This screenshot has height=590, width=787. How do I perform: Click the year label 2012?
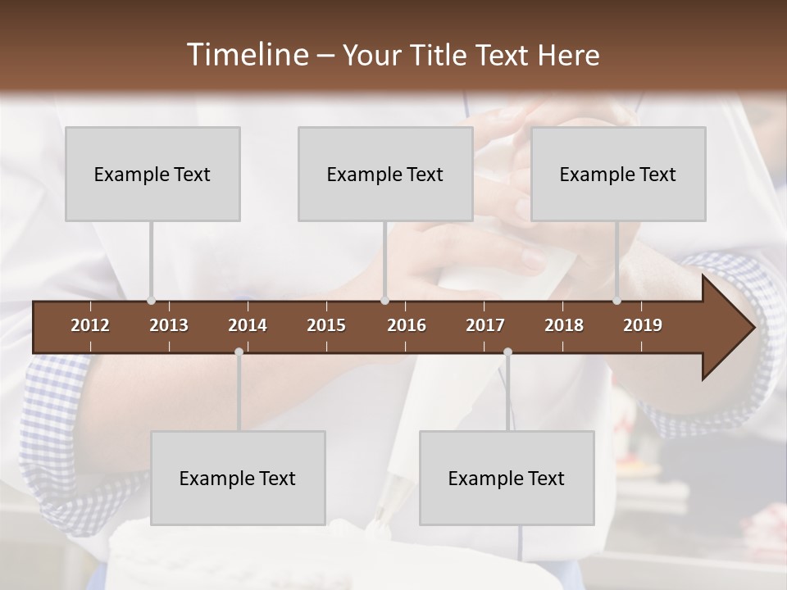(90, 325)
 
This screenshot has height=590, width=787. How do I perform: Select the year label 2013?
(169, 325)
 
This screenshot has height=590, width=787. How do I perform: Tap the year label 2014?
(248, 325)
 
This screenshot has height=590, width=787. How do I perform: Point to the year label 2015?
(326, 325)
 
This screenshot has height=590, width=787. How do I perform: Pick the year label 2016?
(407, 325)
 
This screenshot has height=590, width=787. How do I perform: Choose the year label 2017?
(485, 325)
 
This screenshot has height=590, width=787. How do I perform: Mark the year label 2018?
(564, 325)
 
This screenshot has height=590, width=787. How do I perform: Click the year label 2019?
(643, 325)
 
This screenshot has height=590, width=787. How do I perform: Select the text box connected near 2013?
(152, 174)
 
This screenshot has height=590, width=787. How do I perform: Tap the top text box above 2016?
(385, 174)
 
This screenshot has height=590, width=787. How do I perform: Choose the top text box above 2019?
(618, 174)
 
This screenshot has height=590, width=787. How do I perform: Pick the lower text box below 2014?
(238, 478)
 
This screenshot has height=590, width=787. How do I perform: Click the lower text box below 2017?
(507, 478)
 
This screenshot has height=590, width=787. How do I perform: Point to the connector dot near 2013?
(151, 301)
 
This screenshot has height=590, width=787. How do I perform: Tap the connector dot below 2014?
(239, 352)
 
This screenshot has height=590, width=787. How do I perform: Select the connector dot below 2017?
(507, 352)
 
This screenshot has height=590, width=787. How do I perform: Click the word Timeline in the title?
(247, 55)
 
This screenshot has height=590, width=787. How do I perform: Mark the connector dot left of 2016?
(384, 301)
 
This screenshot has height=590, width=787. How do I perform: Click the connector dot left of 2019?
(616, 301)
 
